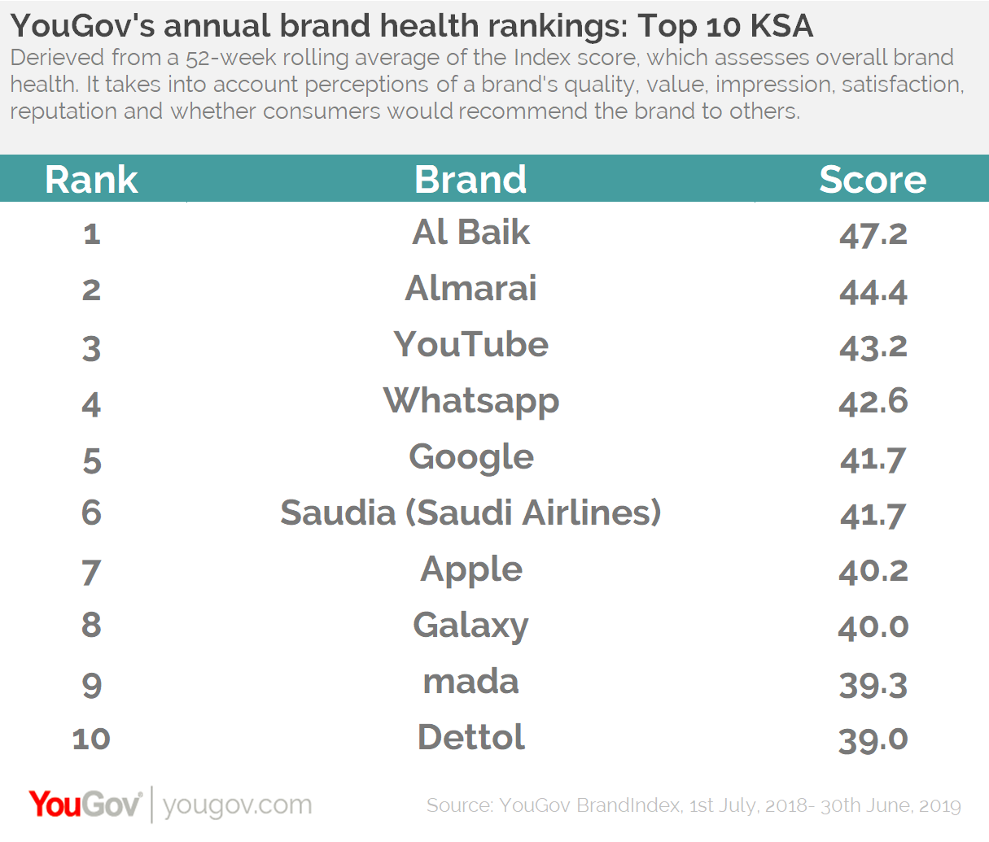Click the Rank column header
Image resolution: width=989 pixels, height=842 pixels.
click(91, 180)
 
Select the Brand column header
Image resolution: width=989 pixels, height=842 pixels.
click(470, 180)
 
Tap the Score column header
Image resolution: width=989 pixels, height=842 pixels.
click(873, 180)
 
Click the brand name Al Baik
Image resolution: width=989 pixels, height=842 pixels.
click(470, 233)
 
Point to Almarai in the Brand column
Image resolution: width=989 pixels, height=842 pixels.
click(470, 289)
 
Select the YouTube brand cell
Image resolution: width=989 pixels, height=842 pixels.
click(470, 345)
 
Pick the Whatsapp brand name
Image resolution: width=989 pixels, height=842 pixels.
click(470, 402)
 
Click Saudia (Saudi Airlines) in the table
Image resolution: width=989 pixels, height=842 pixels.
click(470, 513)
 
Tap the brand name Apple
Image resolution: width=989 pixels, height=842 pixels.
click(470, 570)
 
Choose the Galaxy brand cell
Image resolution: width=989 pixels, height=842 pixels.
click(470, 626)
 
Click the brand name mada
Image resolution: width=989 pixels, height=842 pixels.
click(470, 682)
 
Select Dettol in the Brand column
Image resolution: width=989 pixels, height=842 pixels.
click(470, 738)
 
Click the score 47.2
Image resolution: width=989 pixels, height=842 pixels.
click(873, 234)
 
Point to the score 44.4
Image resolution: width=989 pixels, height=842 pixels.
click(873, 290)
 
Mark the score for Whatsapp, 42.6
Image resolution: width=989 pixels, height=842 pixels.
click(873, 402)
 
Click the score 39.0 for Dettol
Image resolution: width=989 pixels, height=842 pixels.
click(873, 739)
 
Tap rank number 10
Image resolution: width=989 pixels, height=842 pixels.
click(91, 739)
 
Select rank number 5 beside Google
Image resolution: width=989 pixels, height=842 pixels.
click(91, 460)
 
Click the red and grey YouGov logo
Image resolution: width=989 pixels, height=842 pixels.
click(85, 805)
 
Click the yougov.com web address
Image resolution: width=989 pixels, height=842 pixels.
click(237, 805)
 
